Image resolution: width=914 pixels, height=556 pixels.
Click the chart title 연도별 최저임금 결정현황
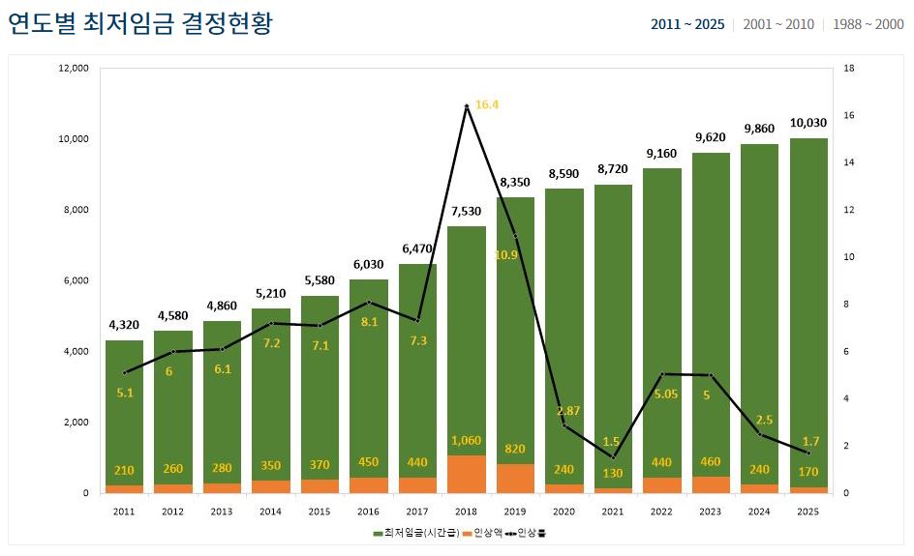point(141,24)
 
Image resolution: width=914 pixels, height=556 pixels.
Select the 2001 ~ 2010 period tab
point(777,24)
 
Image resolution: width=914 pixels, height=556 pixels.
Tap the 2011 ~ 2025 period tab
point(687,24)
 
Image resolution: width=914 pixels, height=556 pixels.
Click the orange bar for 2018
point(466,474)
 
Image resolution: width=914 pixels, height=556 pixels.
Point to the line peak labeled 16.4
point(467,105)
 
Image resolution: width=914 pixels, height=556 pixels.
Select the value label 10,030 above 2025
point(807,123)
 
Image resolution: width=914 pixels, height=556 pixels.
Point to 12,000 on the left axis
point(74,69)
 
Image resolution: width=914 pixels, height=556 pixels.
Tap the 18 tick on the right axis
point(848,69)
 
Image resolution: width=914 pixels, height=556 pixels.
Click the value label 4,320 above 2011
point(124,325)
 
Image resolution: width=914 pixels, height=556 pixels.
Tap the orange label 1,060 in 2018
point(466,441)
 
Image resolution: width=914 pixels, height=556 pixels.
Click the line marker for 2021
point(613,457)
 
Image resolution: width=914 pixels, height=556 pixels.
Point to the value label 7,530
point(466,211)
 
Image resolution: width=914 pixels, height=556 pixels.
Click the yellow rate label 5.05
point(662,394)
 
